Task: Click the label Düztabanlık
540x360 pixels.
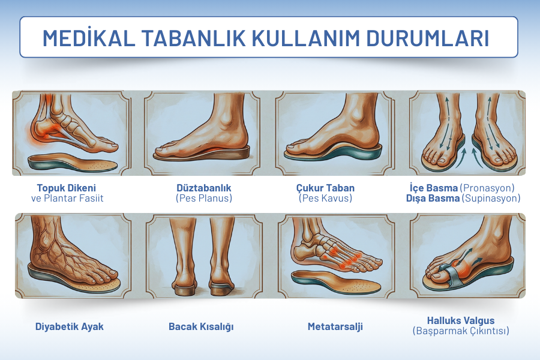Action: [204, 188]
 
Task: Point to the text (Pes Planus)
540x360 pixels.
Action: [204, 198]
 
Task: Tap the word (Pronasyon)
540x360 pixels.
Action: [487, 188]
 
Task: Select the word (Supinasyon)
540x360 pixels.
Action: [491, 198]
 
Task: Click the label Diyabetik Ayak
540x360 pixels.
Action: [70, 326]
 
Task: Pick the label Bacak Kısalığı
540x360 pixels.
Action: [201, 326]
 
